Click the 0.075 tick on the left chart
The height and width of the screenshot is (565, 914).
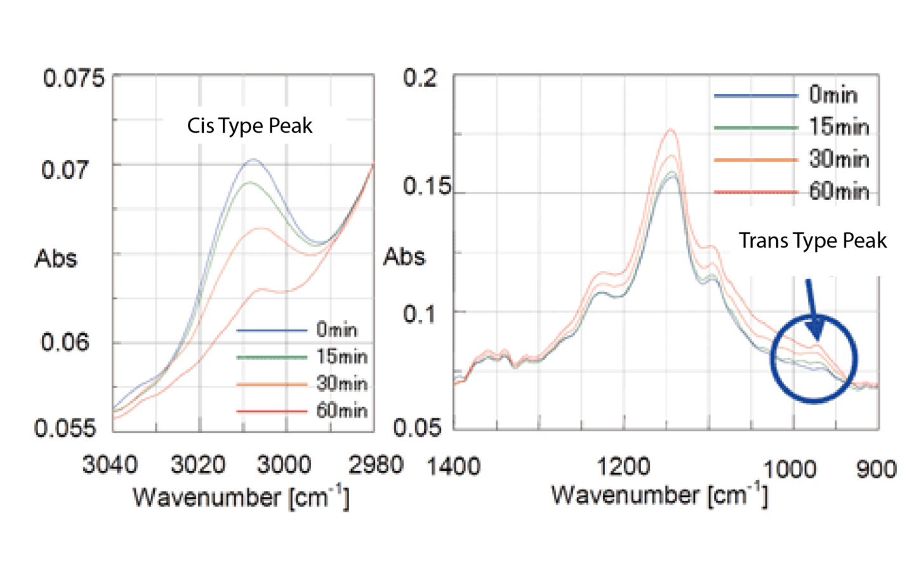[x=74, y=79]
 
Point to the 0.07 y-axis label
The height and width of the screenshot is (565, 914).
[x=65, y=170]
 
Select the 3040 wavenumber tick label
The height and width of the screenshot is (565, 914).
[x=110, y=465]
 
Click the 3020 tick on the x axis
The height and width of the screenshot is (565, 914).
[x=198, y=465]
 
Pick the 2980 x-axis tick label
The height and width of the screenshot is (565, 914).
[x=376, y=465]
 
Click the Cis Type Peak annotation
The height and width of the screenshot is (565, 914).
[x=249, y=126]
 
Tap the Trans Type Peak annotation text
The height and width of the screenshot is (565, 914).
[x=812, y=241]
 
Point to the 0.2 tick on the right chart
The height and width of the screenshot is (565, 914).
[x=420, y=79]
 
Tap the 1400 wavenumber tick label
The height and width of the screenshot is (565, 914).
[x=453, y=467]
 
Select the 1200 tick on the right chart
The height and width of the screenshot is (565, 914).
[x=623, y=467]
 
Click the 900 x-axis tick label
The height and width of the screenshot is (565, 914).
[x=876, y=469]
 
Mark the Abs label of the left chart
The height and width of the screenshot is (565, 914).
[x=56, y=258]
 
